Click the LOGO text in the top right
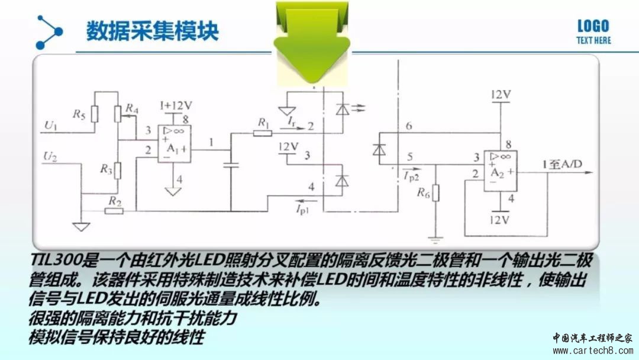(593, 27)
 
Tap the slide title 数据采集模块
(153, 31)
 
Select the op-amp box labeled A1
(175, 144)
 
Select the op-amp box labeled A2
(501, 171)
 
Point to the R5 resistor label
(79, 114)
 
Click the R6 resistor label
(423, 193)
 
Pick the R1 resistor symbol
(263, 133)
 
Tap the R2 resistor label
(115, 201)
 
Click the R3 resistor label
(106, 168)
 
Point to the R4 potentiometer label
(132, 108)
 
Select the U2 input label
(50, 156)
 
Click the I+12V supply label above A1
(176, 106)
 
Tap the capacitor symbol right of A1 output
(231, 165)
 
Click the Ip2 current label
(411, 176)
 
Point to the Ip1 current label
(302, 209)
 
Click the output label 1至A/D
(562, 164)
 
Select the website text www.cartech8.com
(592, 350)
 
